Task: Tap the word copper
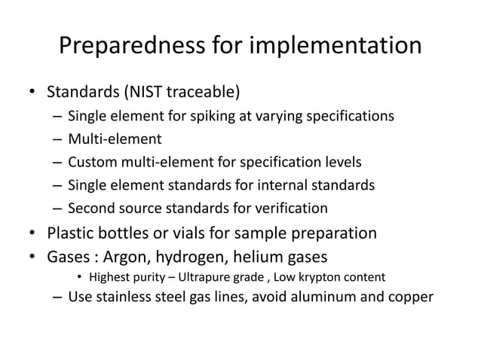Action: pyautogui.click(x=411, y=296)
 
